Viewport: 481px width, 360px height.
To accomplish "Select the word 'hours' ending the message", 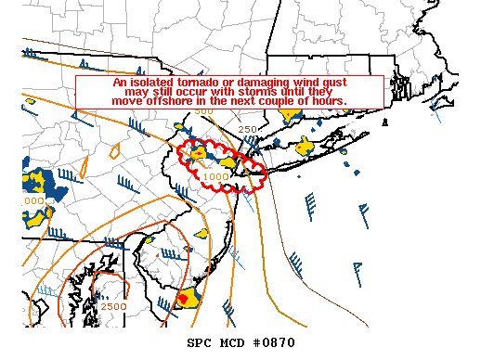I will [328, 100].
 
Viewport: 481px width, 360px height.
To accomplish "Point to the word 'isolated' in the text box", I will [148, 83].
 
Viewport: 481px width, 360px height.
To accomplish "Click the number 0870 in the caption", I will [276, 343].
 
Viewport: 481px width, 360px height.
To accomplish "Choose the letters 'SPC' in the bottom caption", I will [201, 343].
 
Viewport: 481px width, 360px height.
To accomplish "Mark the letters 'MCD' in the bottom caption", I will [232, 343].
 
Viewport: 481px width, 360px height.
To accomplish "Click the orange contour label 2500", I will [114, 306].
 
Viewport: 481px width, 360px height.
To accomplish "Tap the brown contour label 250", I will [247, 129].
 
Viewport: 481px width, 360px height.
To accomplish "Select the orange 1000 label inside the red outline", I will [215, 175].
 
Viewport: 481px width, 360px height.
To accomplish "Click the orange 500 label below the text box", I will [203, 111].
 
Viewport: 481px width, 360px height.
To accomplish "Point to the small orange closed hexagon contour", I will [116, 148].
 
